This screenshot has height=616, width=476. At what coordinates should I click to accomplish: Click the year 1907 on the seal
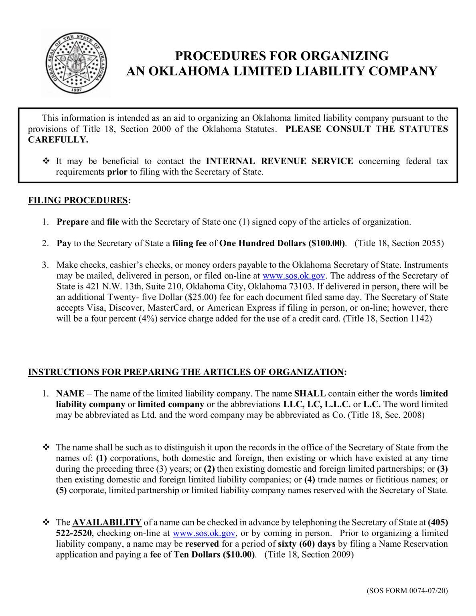pos(76,90)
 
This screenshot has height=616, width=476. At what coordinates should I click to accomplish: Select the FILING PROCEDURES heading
pos(78,200)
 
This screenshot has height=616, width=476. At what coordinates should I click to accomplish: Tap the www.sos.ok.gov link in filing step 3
pos(293,276)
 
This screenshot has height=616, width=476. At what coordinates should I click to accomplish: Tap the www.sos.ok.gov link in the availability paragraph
pos(204,533)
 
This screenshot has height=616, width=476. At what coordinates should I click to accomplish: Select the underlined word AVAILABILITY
pos(107,523)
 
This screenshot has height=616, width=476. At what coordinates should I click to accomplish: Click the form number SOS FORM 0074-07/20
pos(407,590)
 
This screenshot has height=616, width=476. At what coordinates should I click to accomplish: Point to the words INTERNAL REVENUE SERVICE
pos(280,161)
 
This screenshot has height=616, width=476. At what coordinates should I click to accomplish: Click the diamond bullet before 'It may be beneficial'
pos(46,161)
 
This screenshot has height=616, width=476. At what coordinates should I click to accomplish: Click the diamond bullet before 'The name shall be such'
pos(46,447)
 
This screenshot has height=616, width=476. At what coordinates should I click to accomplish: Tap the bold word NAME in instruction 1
pos(70,393)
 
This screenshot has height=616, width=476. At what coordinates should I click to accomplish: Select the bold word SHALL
pos(310,393)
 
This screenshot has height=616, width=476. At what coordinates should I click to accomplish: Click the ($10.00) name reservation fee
pos(239,555)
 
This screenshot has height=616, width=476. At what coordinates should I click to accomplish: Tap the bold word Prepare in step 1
pos(73,222)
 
